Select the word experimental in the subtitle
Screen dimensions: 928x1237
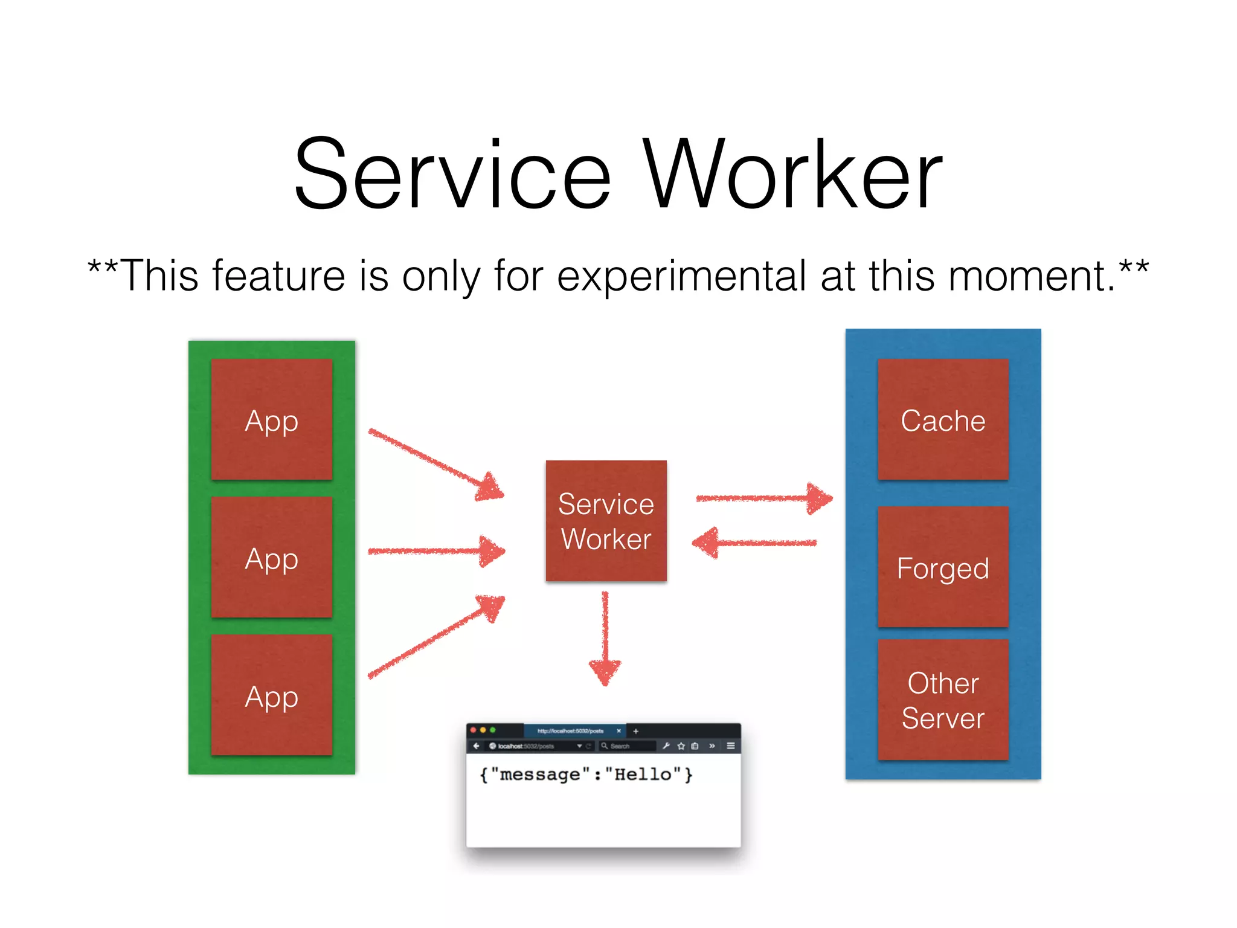click(681, 276)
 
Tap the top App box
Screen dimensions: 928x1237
click(271, 420)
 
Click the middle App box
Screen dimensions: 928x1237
click(271, 558)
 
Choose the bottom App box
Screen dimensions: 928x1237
click(271, 695)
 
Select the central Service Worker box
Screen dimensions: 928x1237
click(606, 521)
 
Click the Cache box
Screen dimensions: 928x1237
click(943, 420)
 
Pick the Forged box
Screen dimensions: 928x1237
click(943, 567)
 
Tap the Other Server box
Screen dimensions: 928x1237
click(943, 700)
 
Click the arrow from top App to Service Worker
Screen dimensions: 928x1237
click(435, 463)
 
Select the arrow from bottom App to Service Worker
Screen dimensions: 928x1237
click(435, 638)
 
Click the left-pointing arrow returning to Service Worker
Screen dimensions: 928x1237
click(755, 543)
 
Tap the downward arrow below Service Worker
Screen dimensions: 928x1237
click(605, 640)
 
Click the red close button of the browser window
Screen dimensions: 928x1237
click(473, 730)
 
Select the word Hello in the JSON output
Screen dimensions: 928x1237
click(642, 775)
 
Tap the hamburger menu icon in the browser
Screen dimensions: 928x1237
click(730, 746)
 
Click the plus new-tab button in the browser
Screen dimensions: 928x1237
click(635, 731)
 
